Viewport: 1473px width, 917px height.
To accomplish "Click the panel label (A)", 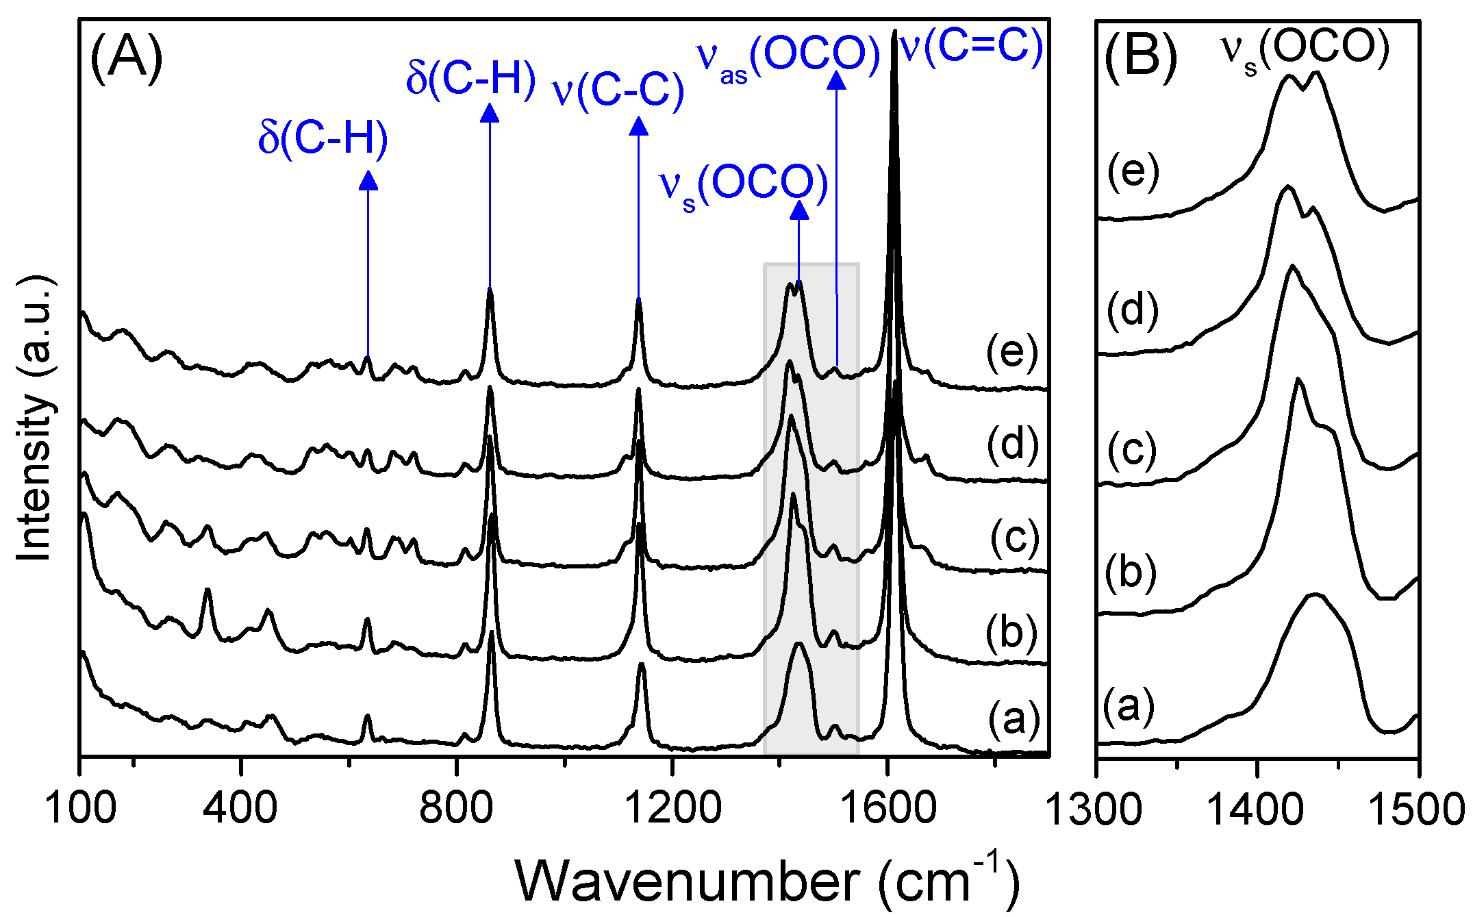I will coord(127,58).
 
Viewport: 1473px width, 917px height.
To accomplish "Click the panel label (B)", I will coord(1141,58).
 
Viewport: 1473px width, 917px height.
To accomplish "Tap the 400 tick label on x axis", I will coord(240,808).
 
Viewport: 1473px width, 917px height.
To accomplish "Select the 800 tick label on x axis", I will coord(456,808).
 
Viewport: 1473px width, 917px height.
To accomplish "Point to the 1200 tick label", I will coord(672,808).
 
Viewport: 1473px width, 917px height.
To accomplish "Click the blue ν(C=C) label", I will coord(971,47).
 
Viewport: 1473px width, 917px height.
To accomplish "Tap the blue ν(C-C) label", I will coord(618,90).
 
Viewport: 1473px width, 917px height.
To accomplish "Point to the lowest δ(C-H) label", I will coord(323,138).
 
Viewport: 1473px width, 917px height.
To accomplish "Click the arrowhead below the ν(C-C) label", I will coord(638,126).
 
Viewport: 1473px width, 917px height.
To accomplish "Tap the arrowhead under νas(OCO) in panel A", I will coord(836,79).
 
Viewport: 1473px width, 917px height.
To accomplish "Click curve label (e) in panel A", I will coord(1012,353).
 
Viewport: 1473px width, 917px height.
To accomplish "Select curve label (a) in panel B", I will coord(1129,706).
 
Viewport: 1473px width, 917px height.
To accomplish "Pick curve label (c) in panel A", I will coord(1014,538).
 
